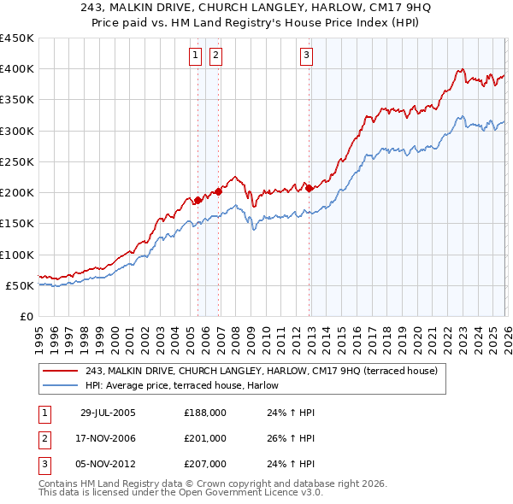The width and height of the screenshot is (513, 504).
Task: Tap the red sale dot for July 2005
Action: point(198,200)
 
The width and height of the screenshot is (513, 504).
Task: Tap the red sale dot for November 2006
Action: point(218,191)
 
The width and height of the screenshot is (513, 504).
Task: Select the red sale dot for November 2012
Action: point(309,188)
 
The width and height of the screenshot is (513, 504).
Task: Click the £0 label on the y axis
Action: point(27,316)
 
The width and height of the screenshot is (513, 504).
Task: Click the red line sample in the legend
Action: point(62,371)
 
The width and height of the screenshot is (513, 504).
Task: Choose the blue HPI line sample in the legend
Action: point(62,385)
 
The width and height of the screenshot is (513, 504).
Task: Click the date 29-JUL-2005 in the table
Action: point(108,412)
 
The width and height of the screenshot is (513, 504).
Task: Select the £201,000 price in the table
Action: point(205,438)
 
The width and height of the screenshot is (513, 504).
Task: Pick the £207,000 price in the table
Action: point(205,465)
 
